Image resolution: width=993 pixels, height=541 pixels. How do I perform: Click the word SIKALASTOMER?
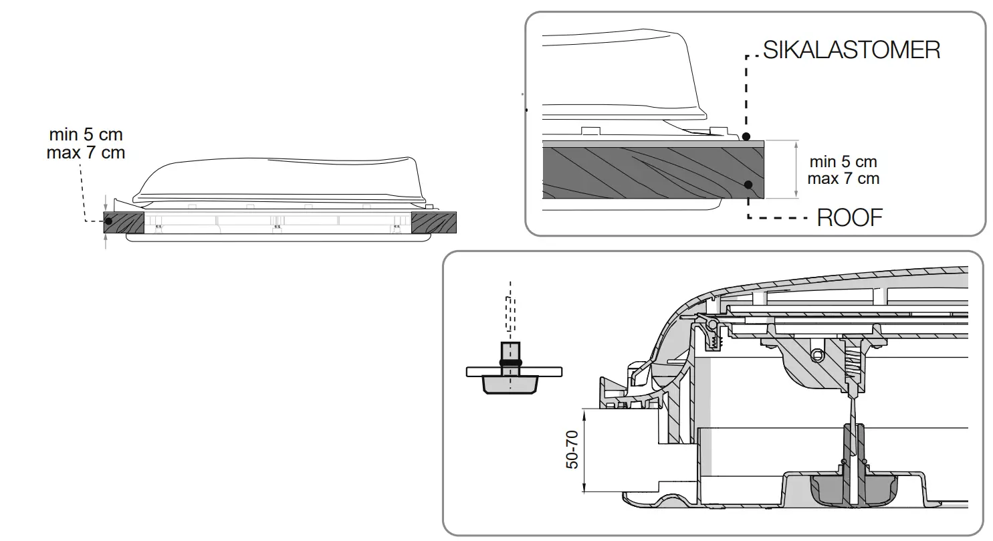coord(851,50)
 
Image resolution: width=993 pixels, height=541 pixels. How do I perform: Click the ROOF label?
coord(849,217)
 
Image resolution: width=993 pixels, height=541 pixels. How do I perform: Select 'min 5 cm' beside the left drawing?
coord(86,136)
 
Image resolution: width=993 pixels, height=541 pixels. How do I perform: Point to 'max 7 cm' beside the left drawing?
coord(86,153)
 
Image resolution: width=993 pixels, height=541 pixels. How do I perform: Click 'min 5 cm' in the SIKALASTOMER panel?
coord(843,162)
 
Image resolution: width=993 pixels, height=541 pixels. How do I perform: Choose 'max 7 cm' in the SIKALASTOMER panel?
coord(843,179)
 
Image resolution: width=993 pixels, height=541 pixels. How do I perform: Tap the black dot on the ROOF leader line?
coord(748,185)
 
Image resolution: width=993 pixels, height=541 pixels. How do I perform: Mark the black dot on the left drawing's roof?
coord(108,220)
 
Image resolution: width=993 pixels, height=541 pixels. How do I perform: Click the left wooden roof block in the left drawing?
coord(124,223)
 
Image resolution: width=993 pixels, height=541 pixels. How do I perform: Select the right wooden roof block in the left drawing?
coord(433,223)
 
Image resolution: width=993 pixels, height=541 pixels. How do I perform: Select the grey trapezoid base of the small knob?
coord(511,385)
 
